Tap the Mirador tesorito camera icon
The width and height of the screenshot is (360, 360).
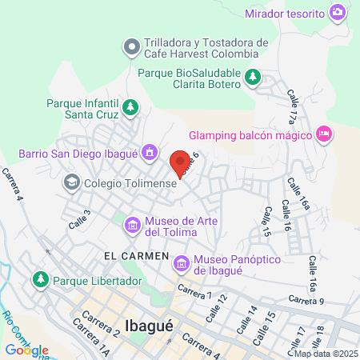pos(338,13)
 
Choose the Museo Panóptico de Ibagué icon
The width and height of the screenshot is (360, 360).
pos(181,262)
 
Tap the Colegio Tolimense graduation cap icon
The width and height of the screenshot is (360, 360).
pos(71,182)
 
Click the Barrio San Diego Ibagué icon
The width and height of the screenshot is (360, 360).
pos(149,152)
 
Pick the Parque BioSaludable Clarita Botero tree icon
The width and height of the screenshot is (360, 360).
pos(253,77)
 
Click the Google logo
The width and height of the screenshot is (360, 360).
pos(26,350)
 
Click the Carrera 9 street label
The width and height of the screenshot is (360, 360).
pos(306,300)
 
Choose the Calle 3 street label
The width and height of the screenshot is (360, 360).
pos(79,219)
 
